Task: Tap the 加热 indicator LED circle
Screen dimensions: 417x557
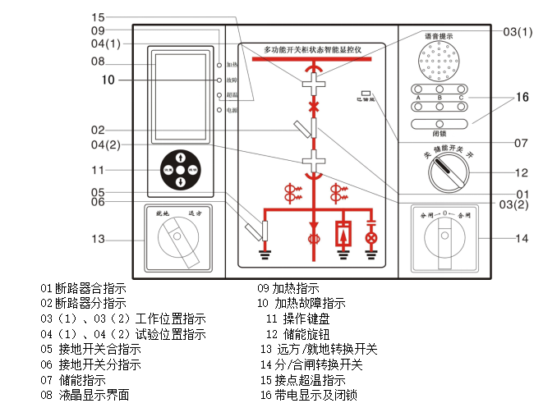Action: (219, 64)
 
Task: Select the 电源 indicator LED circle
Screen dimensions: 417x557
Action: (219, 109)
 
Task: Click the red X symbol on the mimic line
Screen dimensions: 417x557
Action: (312, 108)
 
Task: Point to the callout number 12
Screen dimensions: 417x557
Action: (521, 173)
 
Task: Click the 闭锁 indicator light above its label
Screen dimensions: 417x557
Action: (439, 123)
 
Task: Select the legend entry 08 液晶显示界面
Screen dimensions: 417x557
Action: (85, 395)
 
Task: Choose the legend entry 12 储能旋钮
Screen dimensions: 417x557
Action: (297, 334)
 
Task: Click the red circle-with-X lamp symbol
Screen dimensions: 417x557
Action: (371, 238)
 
